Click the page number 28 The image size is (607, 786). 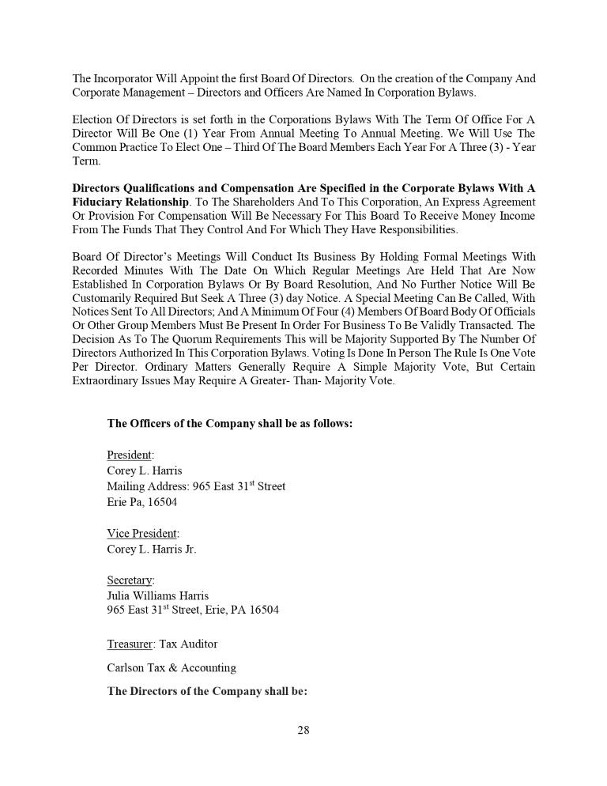pyautogui.click(x=303, y=730)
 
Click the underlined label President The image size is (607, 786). pyautogui.click(x=130, y=455)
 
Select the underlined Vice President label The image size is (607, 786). pyautogui.click(x=142, y=533)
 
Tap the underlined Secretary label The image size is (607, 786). pyautogui.click(x=130, y=580)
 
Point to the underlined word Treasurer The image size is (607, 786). pyautogui.click(x=130, y=643)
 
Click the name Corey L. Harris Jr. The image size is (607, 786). pyautogui.click(x=152, y=549)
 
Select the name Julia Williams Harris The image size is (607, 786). pyautogui.click(x=158, y=595)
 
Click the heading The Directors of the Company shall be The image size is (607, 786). pyautogui.click(x=207, y=691)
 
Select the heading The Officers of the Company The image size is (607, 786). pyautogui.click(x=229, y=423)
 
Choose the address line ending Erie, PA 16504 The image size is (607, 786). pyautogui.click(x=193, y=610)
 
